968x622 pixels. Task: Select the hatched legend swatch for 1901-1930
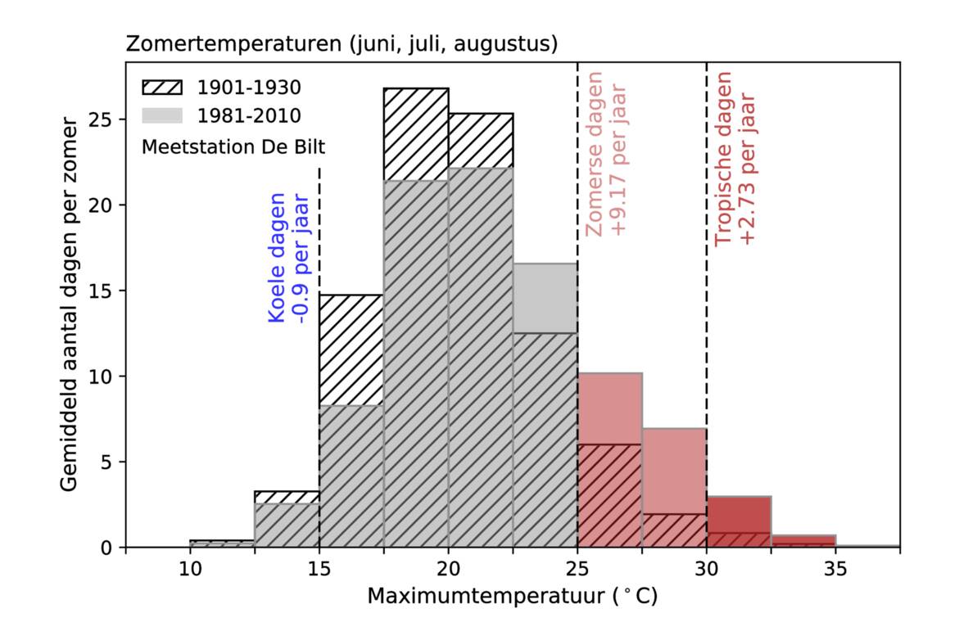pyautogui.click(x=162, y=87)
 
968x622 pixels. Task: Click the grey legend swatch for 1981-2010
pyautogui.click(x=162, y=115)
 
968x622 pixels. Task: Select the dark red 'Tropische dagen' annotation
pyautogui.click(x=735, y=159)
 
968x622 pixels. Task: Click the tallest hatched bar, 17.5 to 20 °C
pyautogui.click(x=416, y=327)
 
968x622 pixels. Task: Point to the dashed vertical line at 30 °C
pyautogui.click(x=707, y=327)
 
